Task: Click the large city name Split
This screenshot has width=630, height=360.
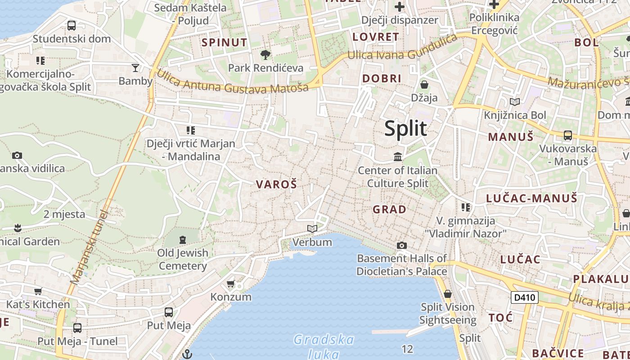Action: point(405,129)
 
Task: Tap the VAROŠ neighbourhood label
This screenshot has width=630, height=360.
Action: point(276,184)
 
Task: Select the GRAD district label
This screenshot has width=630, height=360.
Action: point(389,209)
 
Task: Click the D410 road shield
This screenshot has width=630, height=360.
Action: point(524,297)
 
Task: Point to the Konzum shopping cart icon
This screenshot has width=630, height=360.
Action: point(231,284)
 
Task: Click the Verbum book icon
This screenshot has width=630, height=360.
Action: point(312,229)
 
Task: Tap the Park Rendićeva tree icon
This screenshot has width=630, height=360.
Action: point(265,55)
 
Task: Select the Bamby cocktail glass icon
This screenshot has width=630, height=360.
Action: point(135,68)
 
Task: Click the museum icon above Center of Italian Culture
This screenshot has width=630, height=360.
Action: point(398,157)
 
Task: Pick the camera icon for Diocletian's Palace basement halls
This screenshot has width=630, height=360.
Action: point(401,245)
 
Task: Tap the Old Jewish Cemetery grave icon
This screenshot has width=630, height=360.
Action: point(183,239)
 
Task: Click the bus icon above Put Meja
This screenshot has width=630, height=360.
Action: point(169,312)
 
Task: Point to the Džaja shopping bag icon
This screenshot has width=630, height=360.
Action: point(424,85)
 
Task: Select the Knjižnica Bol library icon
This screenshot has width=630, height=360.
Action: point(514,102)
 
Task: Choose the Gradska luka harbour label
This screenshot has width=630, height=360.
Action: point(324,346)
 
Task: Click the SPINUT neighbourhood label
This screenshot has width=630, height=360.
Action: point(225,43)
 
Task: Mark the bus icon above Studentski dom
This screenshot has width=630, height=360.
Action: point(72,26)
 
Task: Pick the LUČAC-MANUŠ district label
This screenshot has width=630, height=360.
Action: point(531,198)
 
